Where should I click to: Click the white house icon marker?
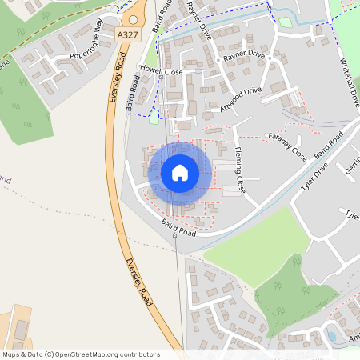pos(180,173)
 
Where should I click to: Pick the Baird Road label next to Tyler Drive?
pos(329,146)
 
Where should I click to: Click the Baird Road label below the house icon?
pos(178,227)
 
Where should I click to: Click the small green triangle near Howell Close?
pos(154,118)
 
